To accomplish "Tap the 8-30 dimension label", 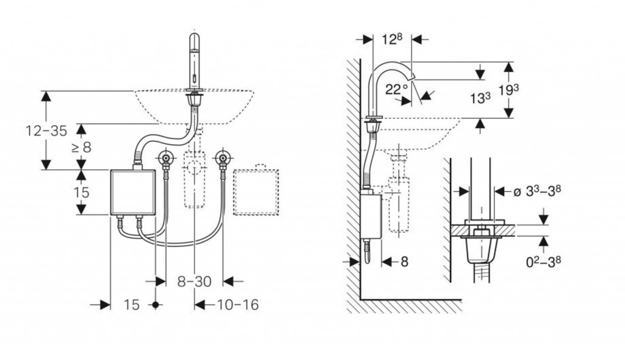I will [x=193, y=281].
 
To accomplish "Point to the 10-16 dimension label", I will [x=236, y=304].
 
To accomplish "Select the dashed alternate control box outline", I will [x=255, y=191].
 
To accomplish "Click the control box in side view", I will [x=371, y=215].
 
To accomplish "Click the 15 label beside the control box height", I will [x=81, y=192].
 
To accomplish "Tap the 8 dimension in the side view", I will [x=405, y=261].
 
